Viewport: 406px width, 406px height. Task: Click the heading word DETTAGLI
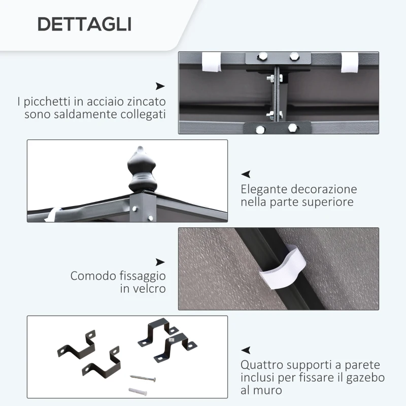pyautogui.click(x=85, y=23)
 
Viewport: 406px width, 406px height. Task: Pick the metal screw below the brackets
pyautogui.click(x=143, y=378)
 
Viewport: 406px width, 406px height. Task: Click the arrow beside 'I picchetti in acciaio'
pyautogui.click(x=160, y=86)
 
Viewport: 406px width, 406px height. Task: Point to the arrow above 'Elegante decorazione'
pyautogui.click(x=246, y=174)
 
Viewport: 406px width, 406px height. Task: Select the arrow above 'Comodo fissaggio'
pyautogui.click(x=160, y=262)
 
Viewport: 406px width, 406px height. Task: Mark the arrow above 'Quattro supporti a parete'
pyautogui.click(x=246, y=350)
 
